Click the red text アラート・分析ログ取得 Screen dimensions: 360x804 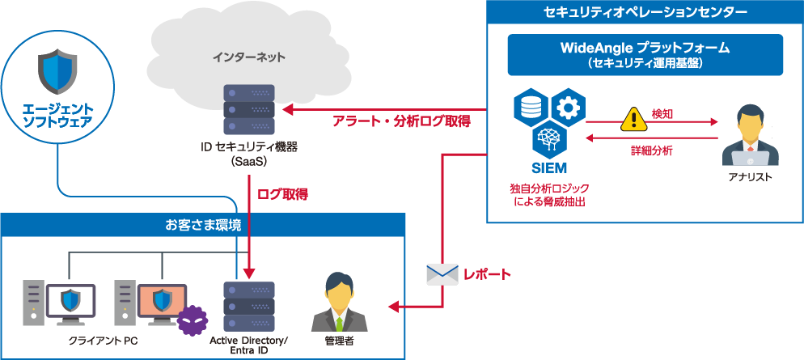pyautogui.click(x=402, y=122)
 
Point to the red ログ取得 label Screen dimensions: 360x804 pyautogui.click(x=281, y=195)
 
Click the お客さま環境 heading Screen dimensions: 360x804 pyautogui.click(x=202, y=225)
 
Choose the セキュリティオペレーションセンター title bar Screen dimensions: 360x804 pyautogui.click(x=645, y=12)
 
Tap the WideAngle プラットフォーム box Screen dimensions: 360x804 pyautogui.click(x=645, y=54)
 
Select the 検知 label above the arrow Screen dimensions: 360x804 pyautogui.click(x=662, y=113)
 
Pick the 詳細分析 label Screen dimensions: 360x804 pyautogui.click(x=651, y=150)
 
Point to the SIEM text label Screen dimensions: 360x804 pyautogui.click(x=549, y=168)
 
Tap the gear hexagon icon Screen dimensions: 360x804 pyautogui.click(x=568, y=106)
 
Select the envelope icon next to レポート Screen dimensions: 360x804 pyautogui.click(x=442, y=274)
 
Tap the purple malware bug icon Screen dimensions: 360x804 pyautogui.click(x=191, y=321)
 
